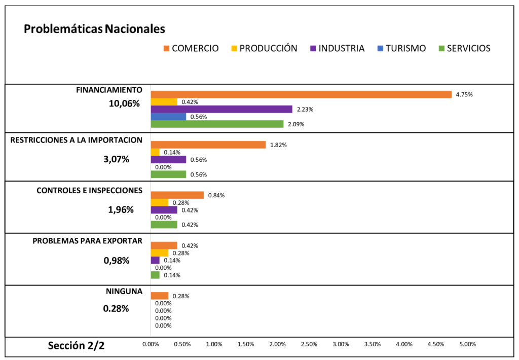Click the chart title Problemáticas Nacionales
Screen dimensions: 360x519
(x=94, y=29)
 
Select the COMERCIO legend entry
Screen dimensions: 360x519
(x=191, y=49)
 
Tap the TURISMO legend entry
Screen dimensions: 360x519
(x=401, y=49)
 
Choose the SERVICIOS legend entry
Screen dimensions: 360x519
(x=463, y=49)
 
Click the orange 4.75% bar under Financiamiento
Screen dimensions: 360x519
(x=301, y=94)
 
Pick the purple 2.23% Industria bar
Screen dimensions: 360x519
(x=221, y=109)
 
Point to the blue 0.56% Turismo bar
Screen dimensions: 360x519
(x=168, y=117)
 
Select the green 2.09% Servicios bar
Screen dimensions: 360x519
(x=217, y=124)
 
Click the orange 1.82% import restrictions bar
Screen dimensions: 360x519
(x=208, y=145)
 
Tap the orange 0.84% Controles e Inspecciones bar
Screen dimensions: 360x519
(x=177, y=195)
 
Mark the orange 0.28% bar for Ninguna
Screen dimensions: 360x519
(x=160, y=296)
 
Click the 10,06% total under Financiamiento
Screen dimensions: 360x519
(x=124, y=104)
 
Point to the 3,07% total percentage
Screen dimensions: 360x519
(x=116, y=159)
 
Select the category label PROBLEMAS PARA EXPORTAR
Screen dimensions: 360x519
(x=87, y=241)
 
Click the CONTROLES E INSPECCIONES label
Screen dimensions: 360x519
(x=89, y=191)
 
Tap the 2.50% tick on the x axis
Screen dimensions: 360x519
(x=309, y=344)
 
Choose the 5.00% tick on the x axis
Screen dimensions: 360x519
(x=467, y=344)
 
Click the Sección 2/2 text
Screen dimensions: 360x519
(x=76, y=346)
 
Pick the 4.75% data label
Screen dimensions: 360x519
(x=464, y=95)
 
